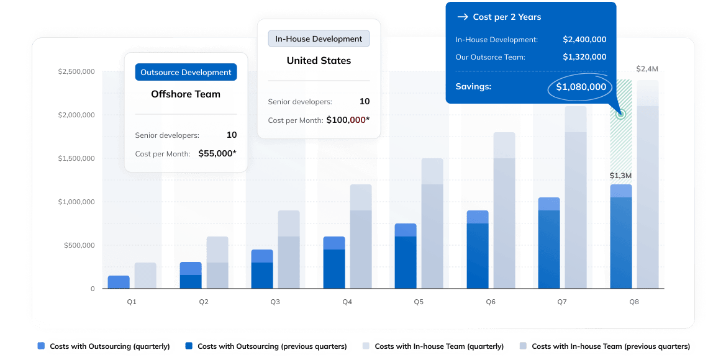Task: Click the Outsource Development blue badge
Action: coord(186,72)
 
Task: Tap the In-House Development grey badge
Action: coord(319,38)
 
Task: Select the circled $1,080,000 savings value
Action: coord(581,87)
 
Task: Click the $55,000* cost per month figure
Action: coord(217,153)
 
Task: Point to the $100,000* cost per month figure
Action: coord(348,120)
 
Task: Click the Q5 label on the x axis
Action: coord(419,302)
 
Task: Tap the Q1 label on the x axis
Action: coord(132,302)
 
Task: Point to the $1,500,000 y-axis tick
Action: coord(76,158)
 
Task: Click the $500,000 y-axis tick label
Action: coord(79,245)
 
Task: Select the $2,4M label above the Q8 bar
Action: coord(647,69)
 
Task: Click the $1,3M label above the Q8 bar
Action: coord(620,176)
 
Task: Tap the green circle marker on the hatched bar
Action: coord(620,114)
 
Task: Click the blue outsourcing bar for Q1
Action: coord(119,282)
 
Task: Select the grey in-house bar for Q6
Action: coord(504,211)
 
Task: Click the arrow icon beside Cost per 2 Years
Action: coord(462,17)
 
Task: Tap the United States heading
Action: coord(319,61)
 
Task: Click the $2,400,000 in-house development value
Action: coord(584,39)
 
